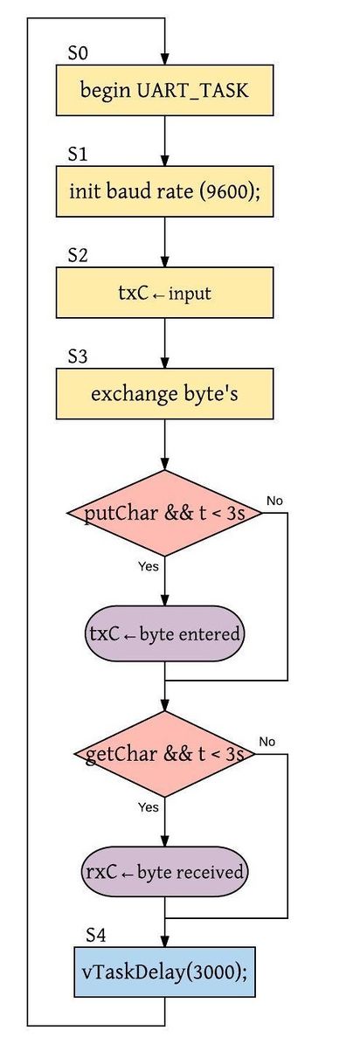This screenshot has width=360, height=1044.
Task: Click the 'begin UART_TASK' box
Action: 164,90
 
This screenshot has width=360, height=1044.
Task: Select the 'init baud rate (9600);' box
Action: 164,191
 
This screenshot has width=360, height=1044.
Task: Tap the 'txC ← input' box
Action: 164,293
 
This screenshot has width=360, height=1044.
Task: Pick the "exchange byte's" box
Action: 164,393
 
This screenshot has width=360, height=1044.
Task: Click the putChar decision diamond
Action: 164,513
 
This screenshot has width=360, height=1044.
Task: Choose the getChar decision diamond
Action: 164,754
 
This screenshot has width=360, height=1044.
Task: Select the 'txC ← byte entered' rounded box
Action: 164,633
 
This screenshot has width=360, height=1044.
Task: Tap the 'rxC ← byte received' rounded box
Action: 164,871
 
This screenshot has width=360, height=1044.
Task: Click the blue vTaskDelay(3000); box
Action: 164,971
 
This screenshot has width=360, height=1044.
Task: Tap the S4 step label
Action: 95,935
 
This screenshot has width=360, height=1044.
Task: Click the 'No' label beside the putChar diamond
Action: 274,500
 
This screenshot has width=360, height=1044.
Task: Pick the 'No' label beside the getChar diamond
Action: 267,741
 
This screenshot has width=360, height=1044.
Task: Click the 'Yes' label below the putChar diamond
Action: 149,567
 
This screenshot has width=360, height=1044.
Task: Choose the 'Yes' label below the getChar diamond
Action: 149,807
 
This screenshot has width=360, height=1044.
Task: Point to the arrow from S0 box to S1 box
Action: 164,141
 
